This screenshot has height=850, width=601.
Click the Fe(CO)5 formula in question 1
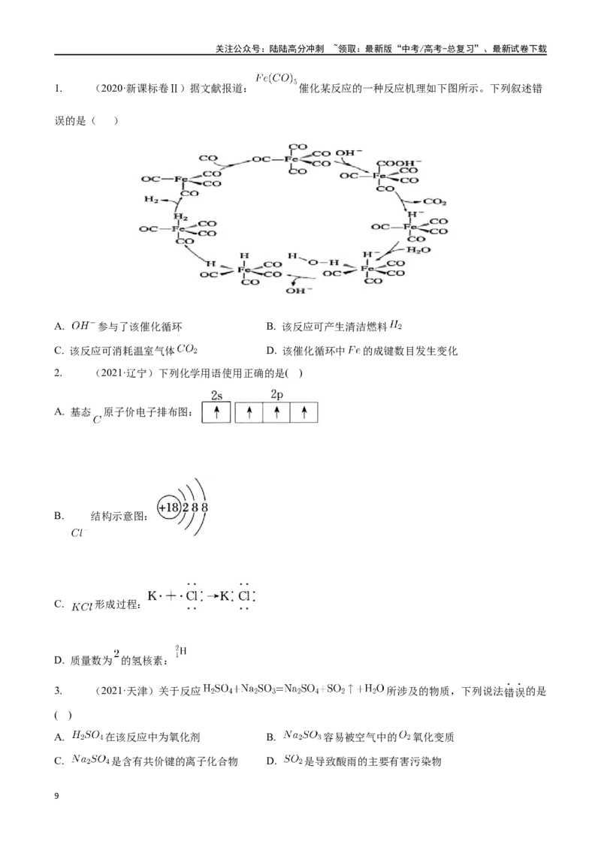coord(276,79)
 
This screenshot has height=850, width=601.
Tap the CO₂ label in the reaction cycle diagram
coord(434,202)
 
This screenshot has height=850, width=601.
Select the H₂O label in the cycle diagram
coord(418,250)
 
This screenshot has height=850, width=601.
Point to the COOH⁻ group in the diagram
coord(399,163)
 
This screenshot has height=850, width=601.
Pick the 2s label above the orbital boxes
coord(216,396)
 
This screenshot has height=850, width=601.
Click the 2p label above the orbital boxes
coord(276,395)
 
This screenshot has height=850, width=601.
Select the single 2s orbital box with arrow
coord(216,412)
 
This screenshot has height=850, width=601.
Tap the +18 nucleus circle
coord(169,508)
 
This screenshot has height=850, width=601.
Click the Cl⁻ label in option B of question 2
coord(79,533)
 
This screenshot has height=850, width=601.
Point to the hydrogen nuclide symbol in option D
coord(180,651)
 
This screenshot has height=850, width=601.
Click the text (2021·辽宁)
coord(125,373)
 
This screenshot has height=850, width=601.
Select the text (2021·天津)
coord(125,691)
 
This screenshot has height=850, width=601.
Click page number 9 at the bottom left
coord(57,796)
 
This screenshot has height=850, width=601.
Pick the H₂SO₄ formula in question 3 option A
coord(87,736)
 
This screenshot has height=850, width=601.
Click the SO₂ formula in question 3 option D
coord(292,760)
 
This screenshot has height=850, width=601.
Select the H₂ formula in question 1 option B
coord(396,325)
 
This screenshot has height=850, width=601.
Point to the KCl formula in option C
coord(82,607)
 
